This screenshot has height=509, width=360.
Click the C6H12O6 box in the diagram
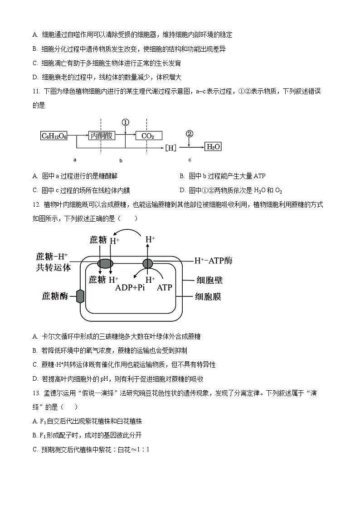click(54, 136)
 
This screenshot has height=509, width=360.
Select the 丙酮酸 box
click(101, 136)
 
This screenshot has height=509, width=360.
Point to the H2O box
click(213, 147)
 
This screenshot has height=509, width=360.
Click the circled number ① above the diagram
click(126, 122)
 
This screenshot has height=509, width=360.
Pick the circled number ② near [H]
click(190, 134)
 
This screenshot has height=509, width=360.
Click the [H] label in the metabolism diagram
click(170, 147)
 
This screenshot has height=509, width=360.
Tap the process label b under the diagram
click(121, 161)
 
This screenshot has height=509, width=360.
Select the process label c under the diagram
click(190, 160)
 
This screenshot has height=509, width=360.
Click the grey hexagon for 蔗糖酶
click(80, 296)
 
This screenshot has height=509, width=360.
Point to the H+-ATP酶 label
click(213, 261)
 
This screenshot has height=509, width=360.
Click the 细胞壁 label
click(209, 280)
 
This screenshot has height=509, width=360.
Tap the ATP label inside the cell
click(164, 287)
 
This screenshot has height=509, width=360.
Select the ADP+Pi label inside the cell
click(130, 287)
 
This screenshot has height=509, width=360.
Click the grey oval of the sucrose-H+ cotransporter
click(105, 263)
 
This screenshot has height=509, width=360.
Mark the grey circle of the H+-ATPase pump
click(148, 263)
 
